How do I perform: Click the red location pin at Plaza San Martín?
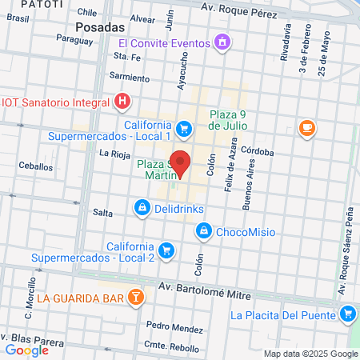182,162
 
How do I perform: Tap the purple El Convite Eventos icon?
222,42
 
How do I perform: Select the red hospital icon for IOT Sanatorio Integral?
122,101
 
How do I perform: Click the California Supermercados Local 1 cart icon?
184,128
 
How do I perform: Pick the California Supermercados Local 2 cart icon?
166,250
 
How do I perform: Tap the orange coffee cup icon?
306,127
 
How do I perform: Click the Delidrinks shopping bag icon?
142,208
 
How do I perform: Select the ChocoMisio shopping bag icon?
204,231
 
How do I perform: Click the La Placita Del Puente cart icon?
347,314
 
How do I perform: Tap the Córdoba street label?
256,152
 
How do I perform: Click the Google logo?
26,350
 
